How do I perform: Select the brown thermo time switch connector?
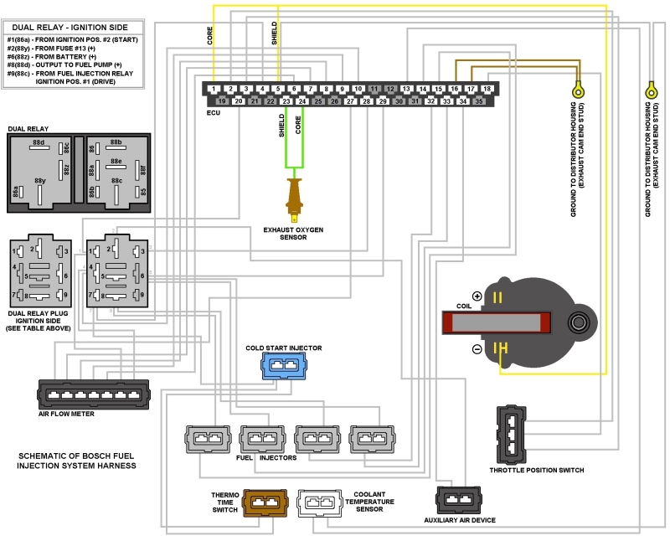coord(265,502)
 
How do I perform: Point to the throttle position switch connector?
coord(511,434)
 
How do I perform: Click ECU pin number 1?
coord(214,88)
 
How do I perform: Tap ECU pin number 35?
coord(478,100)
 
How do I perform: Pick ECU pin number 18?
coord(487,88)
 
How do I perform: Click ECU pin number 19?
coord(222,100)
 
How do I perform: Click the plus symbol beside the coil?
coord(477,296)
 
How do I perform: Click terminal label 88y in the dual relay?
coord(39,180)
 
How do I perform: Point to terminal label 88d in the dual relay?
coord(38,143)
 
